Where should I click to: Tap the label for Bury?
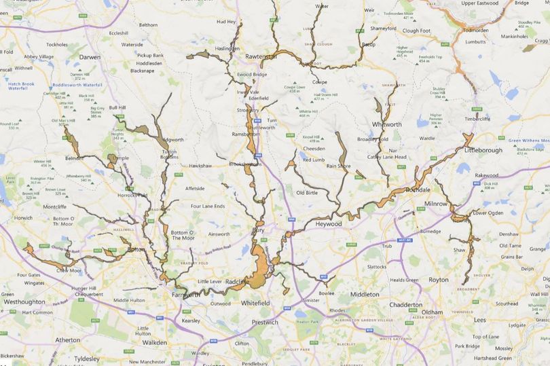(x=259, y=231)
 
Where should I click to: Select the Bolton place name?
(x=136, y=249)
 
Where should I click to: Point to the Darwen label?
(x=90, y=57)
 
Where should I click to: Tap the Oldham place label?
(x=432, y=312)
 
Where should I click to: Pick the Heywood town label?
(x=330, y=223)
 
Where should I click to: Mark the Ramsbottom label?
(x=248, y=134)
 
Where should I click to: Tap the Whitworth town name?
(x=387, y=124)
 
